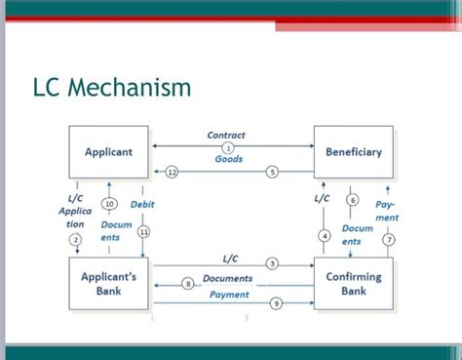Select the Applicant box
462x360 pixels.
[x=108, y=152]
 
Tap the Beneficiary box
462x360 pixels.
[x=353, y=152]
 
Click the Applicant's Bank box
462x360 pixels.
[x=108, y=284]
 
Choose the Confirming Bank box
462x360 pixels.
[x=353, y=284]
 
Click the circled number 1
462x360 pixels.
[x=228, y=146]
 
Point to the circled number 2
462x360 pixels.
[x=76, y=239]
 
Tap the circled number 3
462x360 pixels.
[x=272, y=264]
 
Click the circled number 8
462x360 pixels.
[x=188, y=283]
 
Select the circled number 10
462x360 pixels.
[x=110, y=204]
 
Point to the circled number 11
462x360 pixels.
[x=143, y=232]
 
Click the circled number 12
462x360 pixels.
[x=172, y=172]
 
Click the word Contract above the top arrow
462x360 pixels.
[x=227, y=135]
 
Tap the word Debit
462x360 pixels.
[x=143, y=204]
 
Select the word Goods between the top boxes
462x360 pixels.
[x=228, y=158]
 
